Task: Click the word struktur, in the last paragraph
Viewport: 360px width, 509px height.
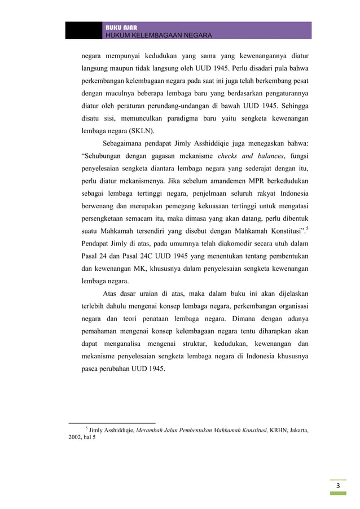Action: [203, 343]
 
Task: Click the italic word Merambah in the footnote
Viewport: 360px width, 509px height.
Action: [152, 429]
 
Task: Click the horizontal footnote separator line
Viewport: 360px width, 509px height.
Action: [111, 422]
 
